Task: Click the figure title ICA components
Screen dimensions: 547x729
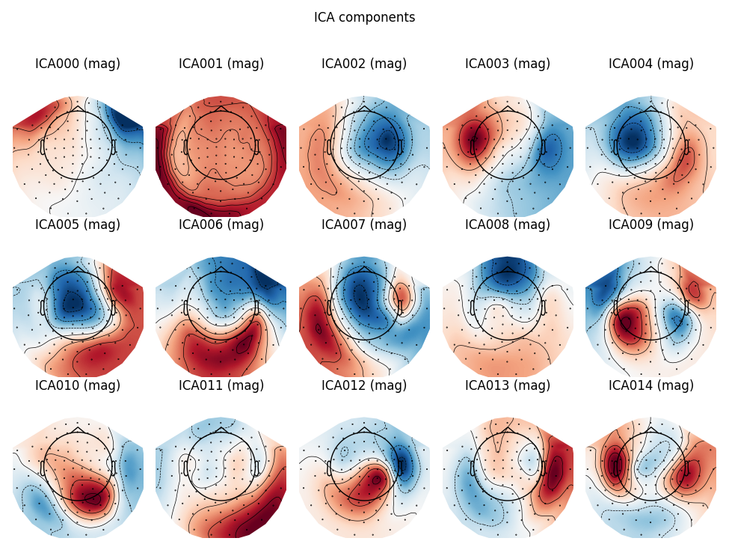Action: [x=364, y=17]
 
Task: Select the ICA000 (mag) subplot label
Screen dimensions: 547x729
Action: [x=78, y=64]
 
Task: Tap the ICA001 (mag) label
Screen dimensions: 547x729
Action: [x=221, y=64]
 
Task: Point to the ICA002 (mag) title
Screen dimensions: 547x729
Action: [x=364, y=64]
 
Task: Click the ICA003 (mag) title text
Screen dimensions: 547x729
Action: [x=508, y=64]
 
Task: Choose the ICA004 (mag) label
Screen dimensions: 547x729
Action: [x=651, y=64]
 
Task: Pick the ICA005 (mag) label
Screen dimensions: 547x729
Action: [x=78, y=225]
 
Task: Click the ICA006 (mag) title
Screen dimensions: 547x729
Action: [x=221, y=225]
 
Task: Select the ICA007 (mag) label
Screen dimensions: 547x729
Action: [x=364, y=225]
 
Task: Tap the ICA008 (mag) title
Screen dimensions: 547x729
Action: [x=508, y=225]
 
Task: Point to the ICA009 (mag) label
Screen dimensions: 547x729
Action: [x=651, y=225]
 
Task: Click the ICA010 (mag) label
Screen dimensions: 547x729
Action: [x=78, y=386]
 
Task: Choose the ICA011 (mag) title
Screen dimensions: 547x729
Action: [x=221, y=386]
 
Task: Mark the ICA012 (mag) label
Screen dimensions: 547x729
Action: [x=364, y=386]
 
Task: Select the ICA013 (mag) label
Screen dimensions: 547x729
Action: [x=508, y=386]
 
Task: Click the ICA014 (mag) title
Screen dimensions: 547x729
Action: [x=651, y=386]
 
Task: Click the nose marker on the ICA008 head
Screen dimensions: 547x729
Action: [x=508, y=269]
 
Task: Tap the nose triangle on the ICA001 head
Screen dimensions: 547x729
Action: [x=221, y=109]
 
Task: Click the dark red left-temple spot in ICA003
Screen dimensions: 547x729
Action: [x=473, y=137]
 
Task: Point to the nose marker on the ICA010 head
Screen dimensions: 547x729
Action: [x=78, y=430]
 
